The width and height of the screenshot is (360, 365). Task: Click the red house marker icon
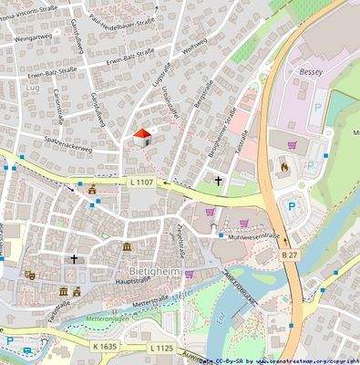tap(141, 136)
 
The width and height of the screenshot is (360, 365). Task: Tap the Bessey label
tap(300, 70)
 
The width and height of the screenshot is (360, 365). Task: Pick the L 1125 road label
tap(159, 348)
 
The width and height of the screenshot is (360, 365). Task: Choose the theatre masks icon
tap(30, 274)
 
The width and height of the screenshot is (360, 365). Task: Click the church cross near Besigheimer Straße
tap(218, 181)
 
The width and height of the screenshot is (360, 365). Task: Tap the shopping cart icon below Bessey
tap(292, 143)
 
